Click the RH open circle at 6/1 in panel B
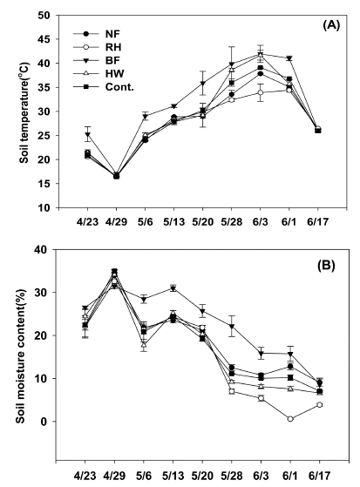coord(290,419)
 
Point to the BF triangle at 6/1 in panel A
coord(290,58)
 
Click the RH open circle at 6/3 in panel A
coord(261,91)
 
